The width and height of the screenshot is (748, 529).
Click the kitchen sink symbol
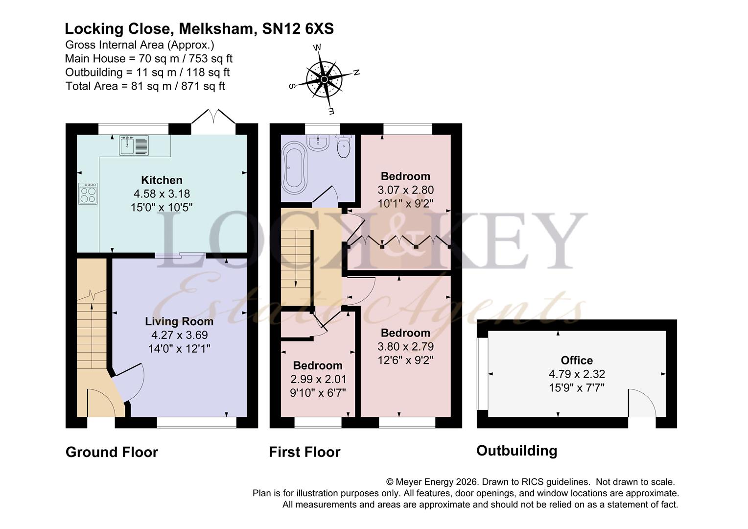(x=134, y=145)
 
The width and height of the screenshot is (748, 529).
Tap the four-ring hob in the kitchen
(x=88, y=193)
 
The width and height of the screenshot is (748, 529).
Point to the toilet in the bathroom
(x=343, y=145)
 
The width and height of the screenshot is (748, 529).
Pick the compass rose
(x=324, y=79)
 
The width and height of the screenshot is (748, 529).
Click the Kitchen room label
(x=162, y=180)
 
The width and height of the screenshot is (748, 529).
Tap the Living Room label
(x=179, y=321)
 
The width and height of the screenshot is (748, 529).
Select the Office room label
(x=577, y=360)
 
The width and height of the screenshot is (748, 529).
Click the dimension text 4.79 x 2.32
(x=577, y=374)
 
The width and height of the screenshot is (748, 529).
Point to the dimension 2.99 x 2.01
(x=318, y=379)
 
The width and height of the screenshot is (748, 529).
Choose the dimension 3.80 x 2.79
(x=405, y=346)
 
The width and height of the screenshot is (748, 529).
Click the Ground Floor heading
(x=112, y=452)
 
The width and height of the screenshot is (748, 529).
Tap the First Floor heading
(x=304, y=452)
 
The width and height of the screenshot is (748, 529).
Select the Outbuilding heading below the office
(x=516, y=451)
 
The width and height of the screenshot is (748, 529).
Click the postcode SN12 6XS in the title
(x=298, y=29)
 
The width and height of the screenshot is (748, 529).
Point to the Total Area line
(x=145, y=86)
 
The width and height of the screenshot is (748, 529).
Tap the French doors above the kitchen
(x=213, y=116)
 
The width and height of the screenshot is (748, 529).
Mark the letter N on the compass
(x=356, y=72)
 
